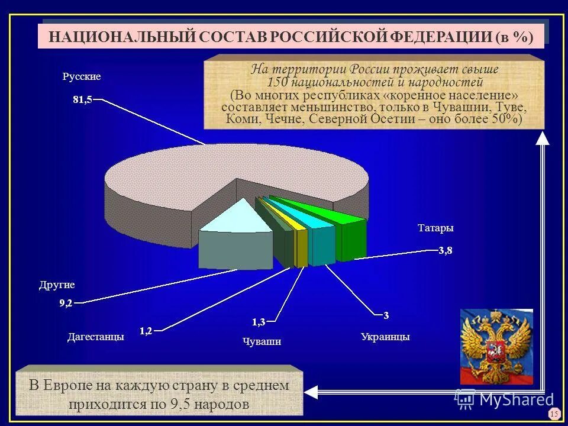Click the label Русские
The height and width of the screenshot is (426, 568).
click(82, 77)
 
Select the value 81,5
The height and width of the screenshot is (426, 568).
click(82, 100)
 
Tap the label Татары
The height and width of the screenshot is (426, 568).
click(435, 228)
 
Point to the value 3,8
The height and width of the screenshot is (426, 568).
click(445, 251)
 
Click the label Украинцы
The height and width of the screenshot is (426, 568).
click(385, 337)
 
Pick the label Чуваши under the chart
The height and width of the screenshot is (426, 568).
click(262, 341)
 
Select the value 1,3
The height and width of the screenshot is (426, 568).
click(259, 322)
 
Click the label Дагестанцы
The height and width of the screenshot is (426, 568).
click(95, 337)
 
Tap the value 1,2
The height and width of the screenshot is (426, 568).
click(146, 331)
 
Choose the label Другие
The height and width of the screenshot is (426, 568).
click(57, 285)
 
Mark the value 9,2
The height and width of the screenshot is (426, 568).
click(66, 304)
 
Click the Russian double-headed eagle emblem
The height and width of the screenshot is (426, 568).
click(496, 346)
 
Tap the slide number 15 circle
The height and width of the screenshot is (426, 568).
click(554, 414)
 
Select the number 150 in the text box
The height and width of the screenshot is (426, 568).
click(279, 82)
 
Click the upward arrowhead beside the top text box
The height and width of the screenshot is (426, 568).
click(543, 138)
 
